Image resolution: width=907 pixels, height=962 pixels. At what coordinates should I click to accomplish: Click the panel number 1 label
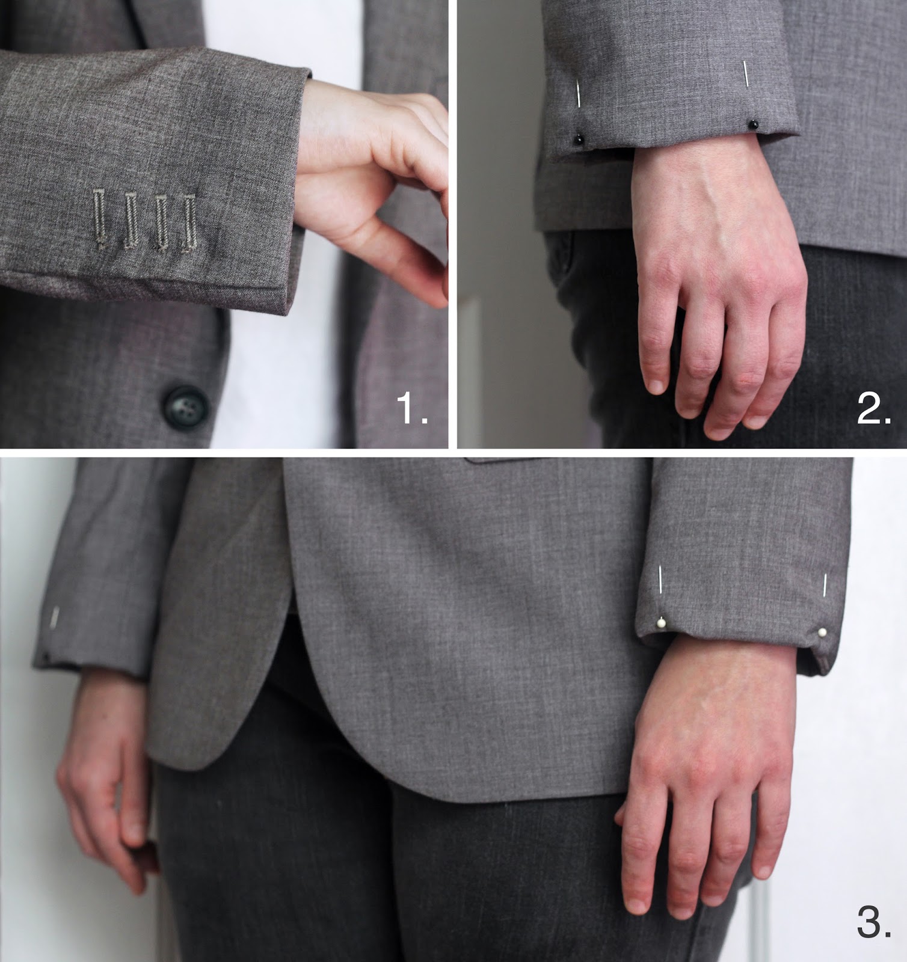tap(412, 409)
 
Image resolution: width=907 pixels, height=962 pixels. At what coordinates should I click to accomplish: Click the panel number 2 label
tap(873, 409)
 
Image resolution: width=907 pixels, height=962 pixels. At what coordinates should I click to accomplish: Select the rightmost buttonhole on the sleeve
tap(190, 221)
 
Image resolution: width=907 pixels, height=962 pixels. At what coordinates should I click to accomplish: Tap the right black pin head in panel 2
tap(752, 124)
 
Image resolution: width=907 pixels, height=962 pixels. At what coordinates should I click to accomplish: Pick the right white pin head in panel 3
tap(822, 633)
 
